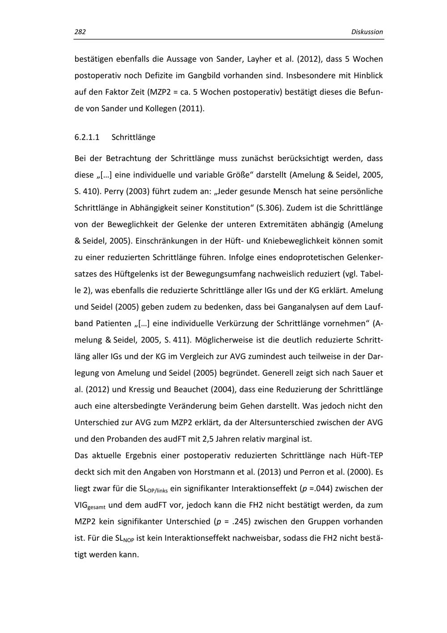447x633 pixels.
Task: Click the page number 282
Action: coord(80,32)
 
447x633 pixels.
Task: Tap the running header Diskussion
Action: coord(367,32)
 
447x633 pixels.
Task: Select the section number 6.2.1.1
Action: coord(87,137)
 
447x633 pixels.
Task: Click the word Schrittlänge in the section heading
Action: coord(134,137)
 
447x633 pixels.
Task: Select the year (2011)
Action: coord(191,109)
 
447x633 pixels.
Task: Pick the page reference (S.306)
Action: coord(270,208)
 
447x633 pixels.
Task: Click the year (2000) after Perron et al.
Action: coord(360,472)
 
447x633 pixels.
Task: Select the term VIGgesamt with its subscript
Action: coord(89,506)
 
